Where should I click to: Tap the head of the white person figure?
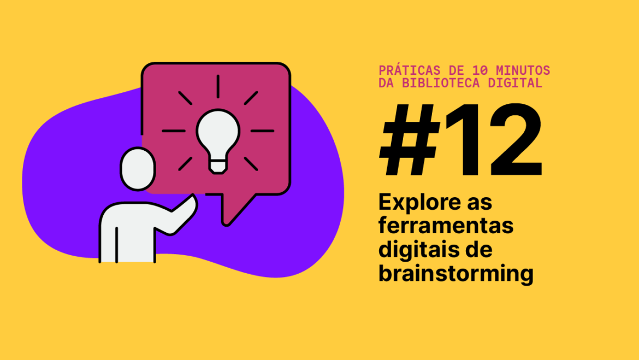click(x=137, y=169)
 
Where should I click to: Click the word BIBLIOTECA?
click(x=443, y=83)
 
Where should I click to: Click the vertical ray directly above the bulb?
click(x=218, y=86)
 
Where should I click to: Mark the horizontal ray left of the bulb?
click(x=174, y=131)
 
